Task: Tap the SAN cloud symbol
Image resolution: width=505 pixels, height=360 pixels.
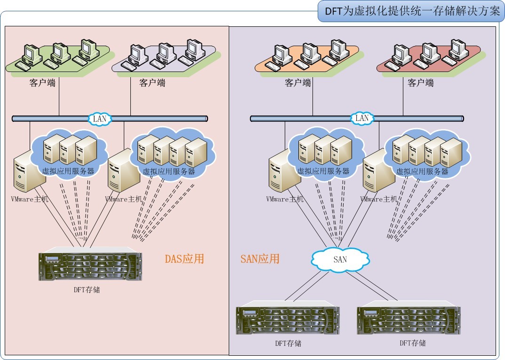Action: (340, 259)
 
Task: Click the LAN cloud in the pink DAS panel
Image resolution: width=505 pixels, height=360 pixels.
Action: (100, 119)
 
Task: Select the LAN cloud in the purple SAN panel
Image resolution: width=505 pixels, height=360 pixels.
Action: (361, 118)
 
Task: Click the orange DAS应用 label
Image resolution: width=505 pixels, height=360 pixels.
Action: (184, 258)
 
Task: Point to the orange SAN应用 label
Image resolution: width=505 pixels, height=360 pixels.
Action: (260, 258)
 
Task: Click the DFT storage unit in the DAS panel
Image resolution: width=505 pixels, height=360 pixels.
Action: (90, 266)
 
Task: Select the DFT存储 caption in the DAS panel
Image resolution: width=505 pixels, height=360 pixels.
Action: (87, 290)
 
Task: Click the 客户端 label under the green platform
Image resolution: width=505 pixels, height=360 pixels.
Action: (42, 83)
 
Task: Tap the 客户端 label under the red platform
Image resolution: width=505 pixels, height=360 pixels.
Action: (421, 83)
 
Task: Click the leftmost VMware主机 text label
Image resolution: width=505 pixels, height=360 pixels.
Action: (30, 199)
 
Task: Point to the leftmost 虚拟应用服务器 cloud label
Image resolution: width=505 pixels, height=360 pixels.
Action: (68, 171)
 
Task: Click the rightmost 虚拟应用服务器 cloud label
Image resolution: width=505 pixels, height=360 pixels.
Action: (422, 172)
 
